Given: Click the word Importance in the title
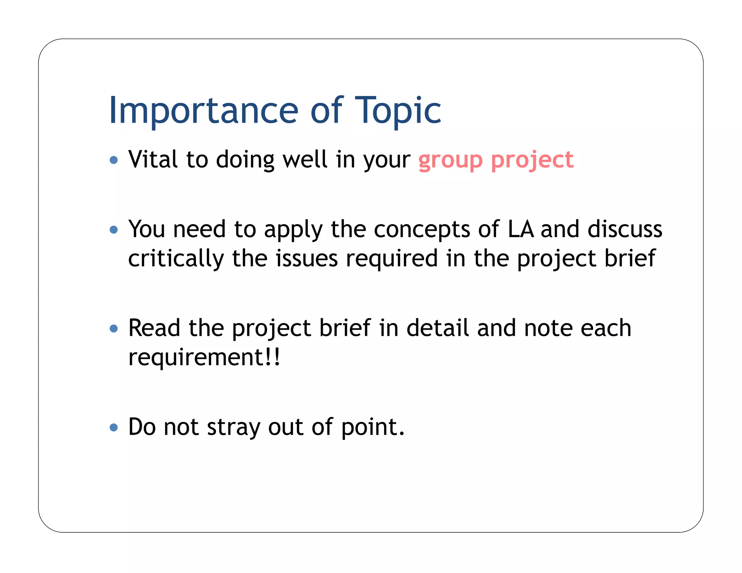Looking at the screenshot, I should click(x=203, y=110).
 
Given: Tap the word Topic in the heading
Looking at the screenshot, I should click(x=398, y=110).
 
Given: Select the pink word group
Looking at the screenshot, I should click(x=451, y=160).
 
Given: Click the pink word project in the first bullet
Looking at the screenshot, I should click(x=532, y=160).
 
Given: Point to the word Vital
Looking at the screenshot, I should click(x=153, y=159).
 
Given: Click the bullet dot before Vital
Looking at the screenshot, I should click(x=114, y=160).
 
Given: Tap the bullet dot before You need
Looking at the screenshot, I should click(x=114, y=230).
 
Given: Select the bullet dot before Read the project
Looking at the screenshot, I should click(x=114, y=329).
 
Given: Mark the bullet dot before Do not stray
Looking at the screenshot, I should click(x=114, y=427).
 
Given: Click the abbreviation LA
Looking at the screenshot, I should click(x=521, y=229).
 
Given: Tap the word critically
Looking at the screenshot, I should click(x=176, y=259).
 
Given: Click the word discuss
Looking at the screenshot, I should click(x=625, y=229).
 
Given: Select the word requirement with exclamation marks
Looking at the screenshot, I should click(x=204, y=358).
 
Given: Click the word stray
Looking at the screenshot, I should click(x=233, y=427).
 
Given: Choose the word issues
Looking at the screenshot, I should click(x=307, y=259).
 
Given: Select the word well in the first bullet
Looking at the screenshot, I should click(x=305, y=159).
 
